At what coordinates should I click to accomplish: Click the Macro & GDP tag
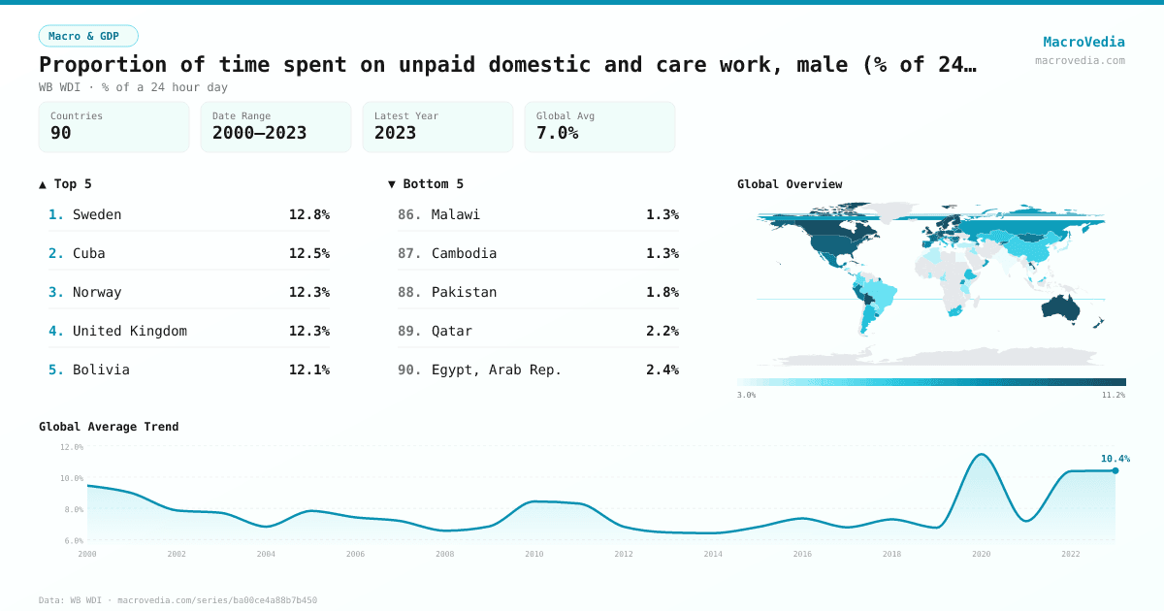click(88, 36)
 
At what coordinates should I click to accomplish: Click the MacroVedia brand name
click(1083, 42)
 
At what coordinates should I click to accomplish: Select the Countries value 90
click(61, 133)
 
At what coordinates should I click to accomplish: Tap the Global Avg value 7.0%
click(558, 133)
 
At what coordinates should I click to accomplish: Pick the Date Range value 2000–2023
click(259, 133)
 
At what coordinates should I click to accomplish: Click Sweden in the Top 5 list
click(97, 214)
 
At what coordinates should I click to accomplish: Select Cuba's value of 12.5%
click(308, 253)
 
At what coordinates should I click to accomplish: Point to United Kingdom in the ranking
click(130, 331)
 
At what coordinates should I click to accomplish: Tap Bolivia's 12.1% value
click(308, 370)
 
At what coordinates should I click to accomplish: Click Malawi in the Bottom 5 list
click(456, 214)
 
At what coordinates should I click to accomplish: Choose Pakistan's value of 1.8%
click(662, 292)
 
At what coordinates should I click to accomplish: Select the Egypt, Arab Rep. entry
click(497, 370)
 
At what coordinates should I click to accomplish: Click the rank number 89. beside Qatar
click(409, 331)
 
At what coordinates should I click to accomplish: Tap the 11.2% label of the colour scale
click(1113, 395)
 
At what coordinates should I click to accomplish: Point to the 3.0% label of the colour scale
click(746, 395)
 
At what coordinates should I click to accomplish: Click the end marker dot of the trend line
click(1115, 470)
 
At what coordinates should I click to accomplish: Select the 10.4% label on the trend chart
click(1115, 459)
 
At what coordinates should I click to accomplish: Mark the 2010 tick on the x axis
click(534, 554)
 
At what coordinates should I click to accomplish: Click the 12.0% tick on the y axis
click(72, 447)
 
